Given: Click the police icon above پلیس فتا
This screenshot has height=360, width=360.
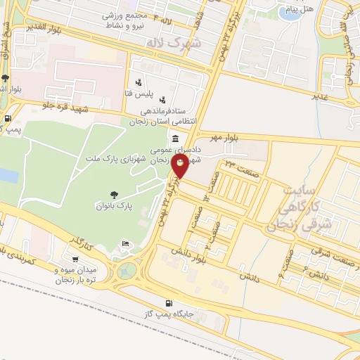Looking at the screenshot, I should click(139, 82).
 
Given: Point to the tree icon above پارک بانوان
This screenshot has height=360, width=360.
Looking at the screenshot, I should click(114, 194).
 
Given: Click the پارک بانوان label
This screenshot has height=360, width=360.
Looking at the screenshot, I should click(114, 206).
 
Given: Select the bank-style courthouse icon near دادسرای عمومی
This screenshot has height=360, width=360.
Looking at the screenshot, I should click(174, 138).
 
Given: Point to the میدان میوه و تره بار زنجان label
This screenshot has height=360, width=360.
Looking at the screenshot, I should click(79, 274).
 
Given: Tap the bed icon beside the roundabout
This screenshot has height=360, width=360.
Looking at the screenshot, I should click(124, 243).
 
